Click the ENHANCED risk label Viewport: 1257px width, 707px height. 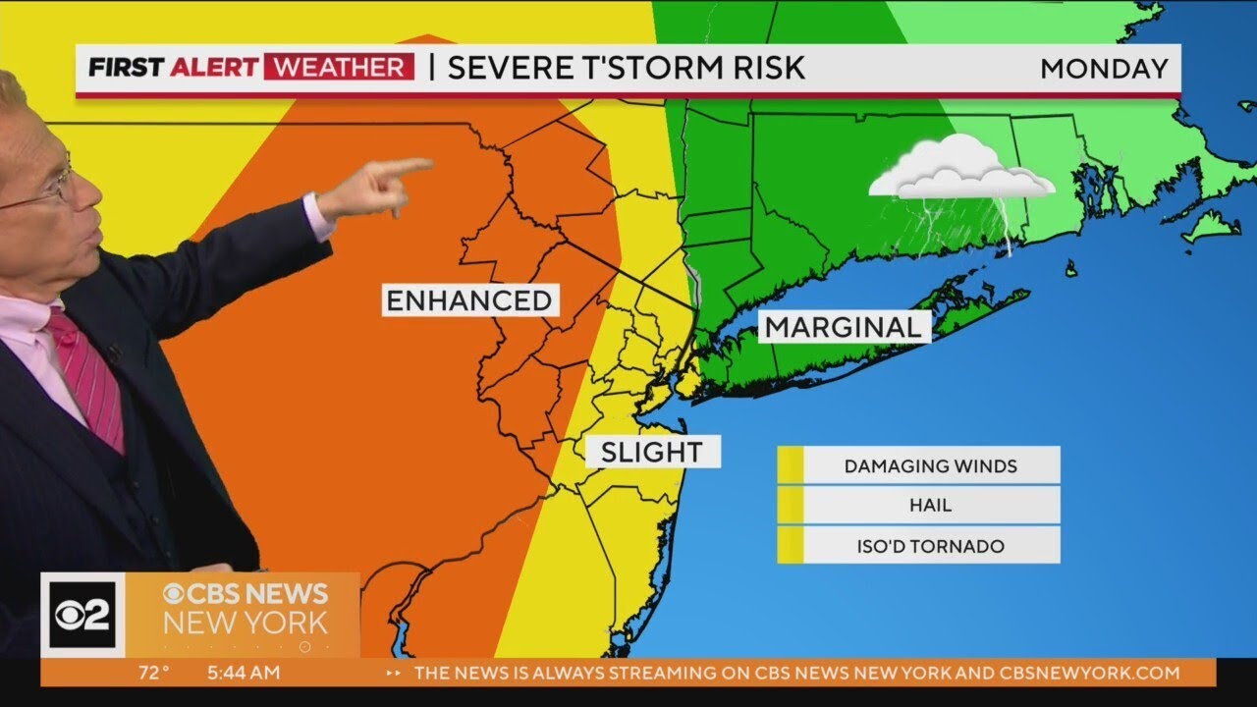pyautogui.click(x=469, y=300)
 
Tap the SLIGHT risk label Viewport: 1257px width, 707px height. pyautogui.click(x=652, y=452)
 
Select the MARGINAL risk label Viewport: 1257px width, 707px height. pyautogui.click(x=844, y=327)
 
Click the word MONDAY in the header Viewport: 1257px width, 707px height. pyautogui.click(x=1104, y=69)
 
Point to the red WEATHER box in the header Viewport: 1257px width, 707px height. pyautogui.click(x=338, y=68)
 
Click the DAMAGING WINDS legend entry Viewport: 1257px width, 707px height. pyautogui.click(x=930, y=465)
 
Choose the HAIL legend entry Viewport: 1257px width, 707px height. pyautogui.click(x=930, y=506)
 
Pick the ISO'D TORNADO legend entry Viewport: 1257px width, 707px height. pyautogui.click(x=930, y=546)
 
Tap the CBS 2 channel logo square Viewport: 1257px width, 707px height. pyautogui.click(x=82, y=615)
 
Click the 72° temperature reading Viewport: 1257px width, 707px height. pyautogui.click(x=152, y=673)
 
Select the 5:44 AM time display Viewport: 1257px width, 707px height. pyautogui.click(x=244, y=673)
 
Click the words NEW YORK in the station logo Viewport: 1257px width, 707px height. pyautogui.click(x=245, y=623)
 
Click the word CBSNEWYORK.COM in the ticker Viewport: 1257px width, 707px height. pyautogui.click(x=1089, y=673)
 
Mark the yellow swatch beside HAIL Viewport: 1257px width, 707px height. pyautogui.click(x=791, y=506)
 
